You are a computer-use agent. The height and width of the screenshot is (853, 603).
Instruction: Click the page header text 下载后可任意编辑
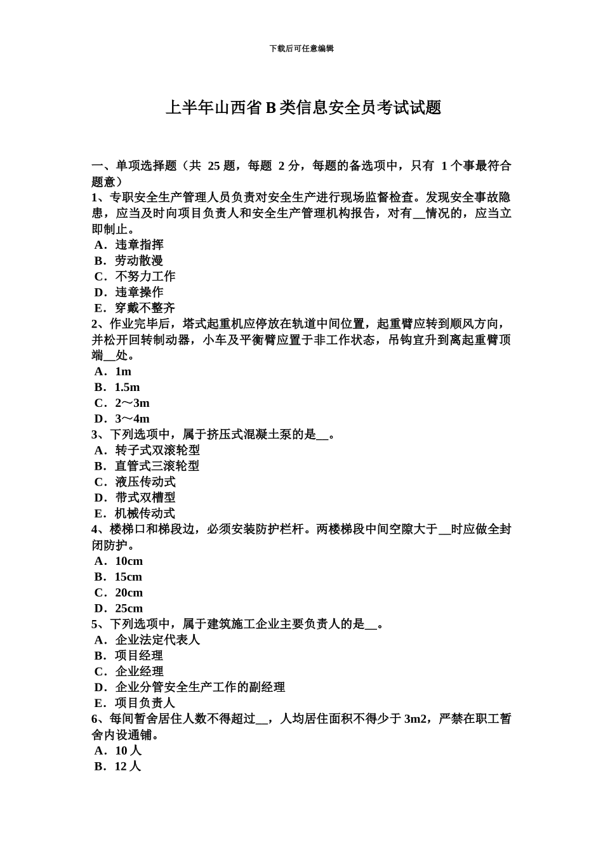point(301,48)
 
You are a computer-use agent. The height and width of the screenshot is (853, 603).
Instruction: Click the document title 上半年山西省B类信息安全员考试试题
point(303,108)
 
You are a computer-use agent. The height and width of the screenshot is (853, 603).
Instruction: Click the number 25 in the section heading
point(214,166)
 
